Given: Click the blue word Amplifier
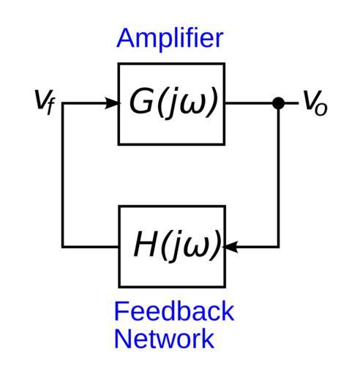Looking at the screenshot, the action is tap(170, 40).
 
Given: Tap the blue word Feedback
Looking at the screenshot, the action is tap(174, 311).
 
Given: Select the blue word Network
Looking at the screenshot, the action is tap(164, 338).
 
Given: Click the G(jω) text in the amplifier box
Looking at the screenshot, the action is tap(173, 103).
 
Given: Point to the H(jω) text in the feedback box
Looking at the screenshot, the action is tap(178, 246).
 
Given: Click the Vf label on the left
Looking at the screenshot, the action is tap(45, 102).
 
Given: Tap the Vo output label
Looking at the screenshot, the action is tap(315, 103).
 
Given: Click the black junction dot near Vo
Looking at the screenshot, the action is tap(278, 103).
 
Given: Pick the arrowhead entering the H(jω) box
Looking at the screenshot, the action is tap(230, 247).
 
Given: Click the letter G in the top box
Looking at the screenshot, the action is tap(141, 100).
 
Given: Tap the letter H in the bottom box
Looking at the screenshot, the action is tap(146, 244).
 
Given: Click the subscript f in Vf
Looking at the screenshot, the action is tap(50, 107).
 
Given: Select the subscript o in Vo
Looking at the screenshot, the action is tap(321, 109).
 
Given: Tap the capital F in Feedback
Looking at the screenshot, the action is tap(121, 311).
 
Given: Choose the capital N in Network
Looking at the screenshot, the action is tap(122, 338).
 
